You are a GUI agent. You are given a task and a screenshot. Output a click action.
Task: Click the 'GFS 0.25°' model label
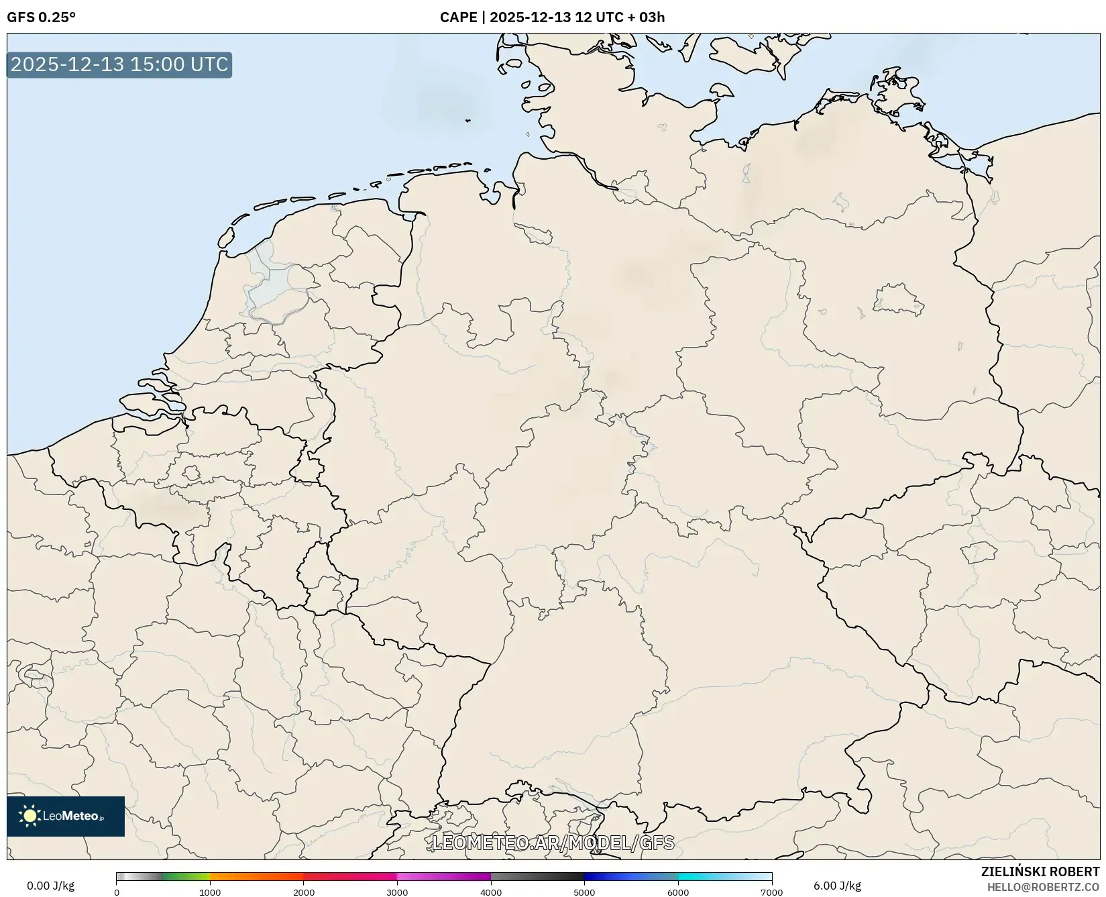pyautogui.click(x=41, y=17)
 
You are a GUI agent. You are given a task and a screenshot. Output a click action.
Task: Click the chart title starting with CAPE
pyautogui.click(x=552, y=17)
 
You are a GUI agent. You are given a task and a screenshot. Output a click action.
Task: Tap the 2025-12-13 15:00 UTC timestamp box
pyautogui.click(x=119, y=64)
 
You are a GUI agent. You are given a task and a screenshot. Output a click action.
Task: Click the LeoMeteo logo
pyautogui.click(x=66, y=816)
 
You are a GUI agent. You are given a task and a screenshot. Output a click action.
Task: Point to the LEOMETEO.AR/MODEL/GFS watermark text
pyautogui.click(x=553, y=843)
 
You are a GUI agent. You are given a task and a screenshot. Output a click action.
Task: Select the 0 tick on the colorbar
pyautogui.click(x=117, y=892)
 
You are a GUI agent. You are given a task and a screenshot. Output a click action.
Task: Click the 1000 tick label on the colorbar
pyautogui.click(x=210, y=892)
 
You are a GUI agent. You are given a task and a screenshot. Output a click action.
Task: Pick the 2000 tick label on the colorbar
pyautogui.click(x=304, y=892)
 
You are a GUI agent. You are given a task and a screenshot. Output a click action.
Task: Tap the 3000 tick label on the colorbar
pyautogui.click(x=397, y=892)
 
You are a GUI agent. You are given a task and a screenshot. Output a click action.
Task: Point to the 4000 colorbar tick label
pyautogui.click(x=491, y=892)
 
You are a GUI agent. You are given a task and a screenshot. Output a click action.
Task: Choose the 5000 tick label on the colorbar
pyautogui.click(x=584, y=892)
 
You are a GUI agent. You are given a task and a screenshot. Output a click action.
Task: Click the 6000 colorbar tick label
pyautogui.click(x=678, y=892)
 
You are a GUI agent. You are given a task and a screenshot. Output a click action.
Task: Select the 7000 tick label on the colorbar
pyautogui.click(x=771, y=892)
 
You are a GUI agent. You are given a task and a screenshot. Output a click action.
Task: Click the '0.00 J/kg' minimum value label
pyautogui.click(x=51, y=886)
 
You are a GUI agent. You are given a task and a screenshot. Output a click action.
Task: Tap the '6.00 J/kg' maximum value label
pyautogui.click(x=837, y=886)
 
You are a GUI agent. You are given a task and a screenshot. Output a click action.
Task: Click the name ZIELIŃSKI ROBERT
pyautogui.click(x=1040, y=872)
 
